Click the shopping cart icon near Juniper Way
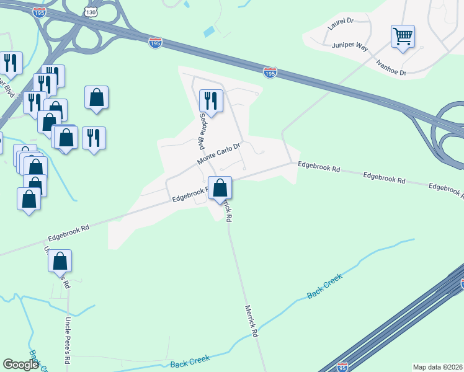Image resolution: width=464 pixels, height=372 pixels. click(x=403, y=37)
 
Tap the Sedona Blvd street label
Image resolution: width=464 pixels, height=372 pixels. click(x=202, y=132)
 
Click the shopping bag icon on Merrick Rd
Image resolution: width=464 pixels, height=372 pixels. click(x=220, y=187)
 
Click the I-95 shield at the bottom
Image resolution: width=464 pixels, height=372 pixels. click(x=342, y=367)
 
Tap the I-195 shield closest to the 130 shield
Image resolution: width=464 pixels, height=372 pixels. click(x=156, y=42)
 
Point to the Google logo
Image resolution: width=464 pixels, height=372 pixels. click(x=20, y=365)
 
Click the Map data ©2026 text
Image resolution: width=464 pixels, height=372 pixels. click(x=437, y=367)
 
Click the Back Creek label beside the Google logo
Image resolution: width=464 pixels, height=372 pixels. click(x=190, y=359)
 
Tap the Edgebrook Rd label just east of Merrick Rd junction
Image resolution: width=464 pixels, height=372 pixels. click(x=319, y=167)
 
